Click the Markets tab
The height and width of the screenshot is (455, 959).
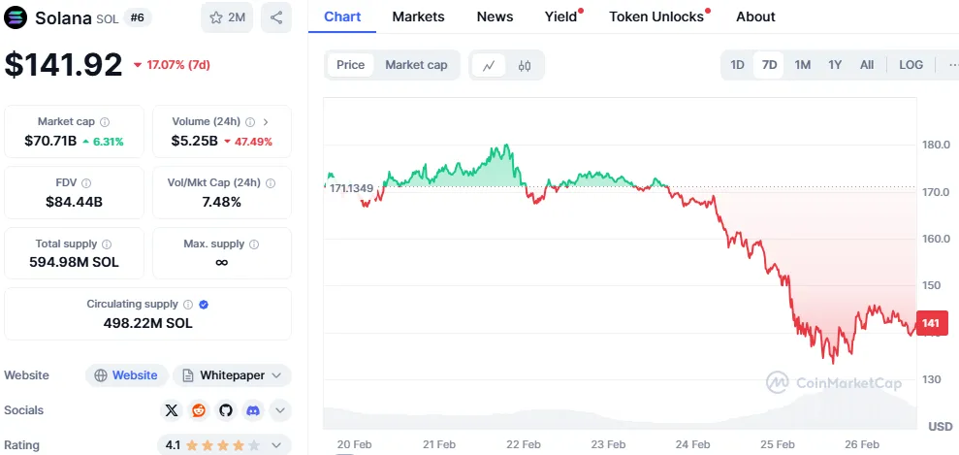click(x=418, y=16)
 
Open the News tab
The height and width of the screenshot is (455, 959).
click(x=495, y=16)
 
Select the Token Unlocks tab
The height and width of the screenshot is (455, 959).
click(x=656, y=16)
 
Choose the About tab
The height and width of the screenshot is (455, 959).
click(x=755, y=16)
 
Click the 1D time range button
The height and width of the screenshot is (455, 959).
click(x=737, y=65)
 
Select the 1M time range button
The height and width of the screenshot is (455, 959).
click(x=802, y=65)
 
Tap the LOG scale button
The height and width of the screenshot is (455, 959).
click(x=911, y=65)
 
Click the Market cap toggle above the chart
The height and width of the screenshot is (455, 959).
click(x=416, y=65)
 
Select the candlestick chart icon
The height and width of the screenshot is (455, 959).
click(x=525, y=66)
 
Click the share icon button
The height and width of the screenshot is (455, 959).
click(x=276, y=17)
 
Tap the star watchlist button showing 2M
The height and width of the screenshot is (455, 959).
click(x=227, y=17)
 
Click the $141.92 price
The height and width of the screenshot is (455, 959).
click(x=64, y=64)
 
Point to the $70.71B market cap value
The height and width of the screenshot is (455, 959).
click(x=50, y=141)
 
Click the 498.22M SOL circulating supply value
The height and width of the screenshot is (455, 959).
click(x=147, y=322)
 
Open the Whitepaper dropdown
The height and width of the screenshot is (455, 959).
click(x=232, y=375)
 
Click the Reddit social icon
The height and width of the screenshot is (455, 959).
click(x=199, y=410)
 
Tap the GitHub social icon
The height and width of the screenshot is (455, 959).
click(x=226, y=410)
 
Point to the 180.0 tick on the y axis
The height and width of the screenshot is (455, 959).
click(x=935, y=146)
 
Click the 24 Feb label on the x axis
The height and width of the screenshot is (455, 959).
click(x=692, y=444)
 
